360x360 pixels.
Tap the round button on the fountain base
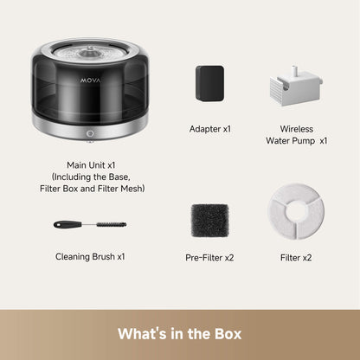[90, 134]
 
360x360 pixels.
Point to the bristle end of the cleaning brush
[113, 223]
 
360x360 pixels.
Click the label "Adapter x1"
[210, 128]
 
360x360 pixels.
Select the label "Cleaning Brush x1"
[91, 257]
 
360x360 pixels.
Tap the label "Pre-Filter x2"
[210, 257]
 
